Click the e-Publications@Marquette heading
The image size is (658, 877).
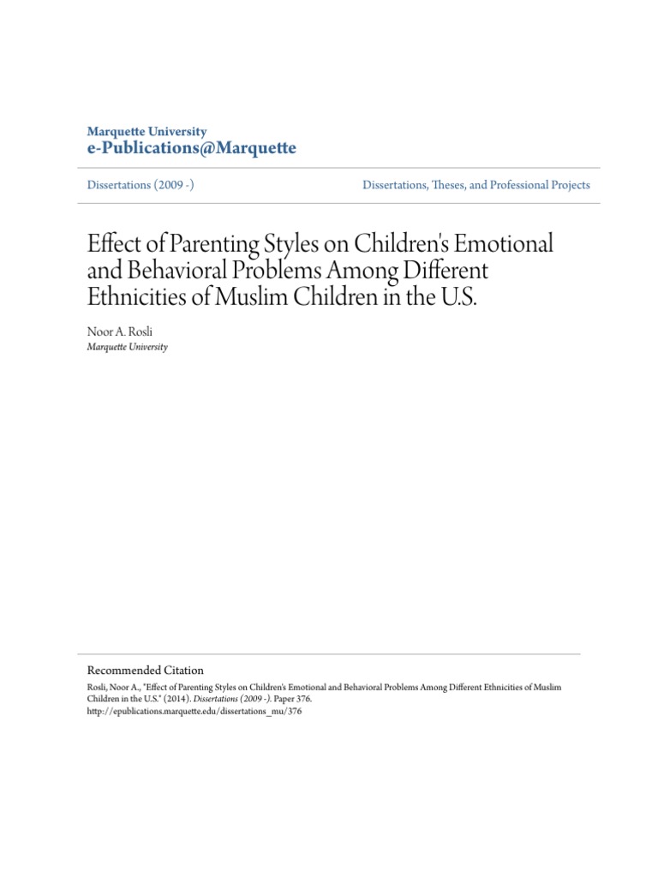coord(192,149)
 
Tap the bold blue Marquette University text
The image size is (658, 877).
coord(147,132)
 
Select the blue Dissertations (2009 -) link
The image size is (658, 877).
coord(141,185)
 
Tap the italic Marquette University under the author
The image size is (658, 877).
coord(128,347)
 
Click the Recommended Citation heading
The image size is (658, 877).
coord(146,670)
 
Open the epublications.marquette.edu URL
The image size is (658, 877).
coord(194,711)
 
